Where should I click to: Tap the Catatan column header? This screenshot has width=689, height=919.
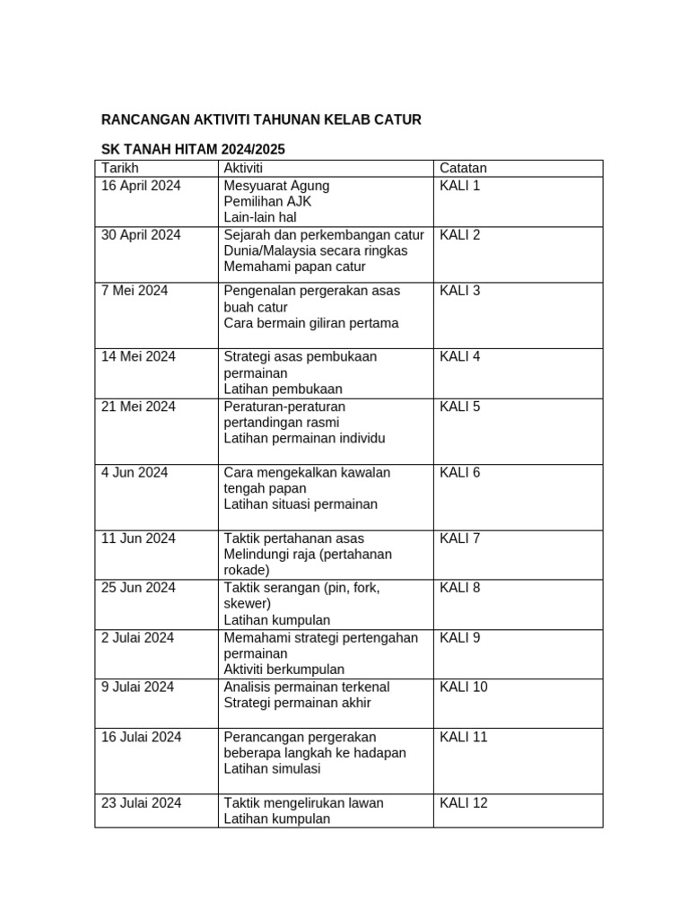(x=463, y=169)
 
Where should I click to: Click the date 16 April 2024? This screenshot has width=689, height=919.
(x=141, y=186)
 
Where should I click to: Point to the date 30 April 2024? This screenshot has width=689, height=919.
(x=141, y=235)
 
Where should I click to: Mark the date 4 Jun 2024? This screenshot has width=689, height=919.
(x=135, y=473)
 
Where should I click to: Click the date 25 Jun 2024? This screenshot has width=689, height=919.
(x=138, y=589)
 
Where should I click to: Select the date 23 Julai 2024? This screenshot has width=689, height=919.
(x=141, y=803)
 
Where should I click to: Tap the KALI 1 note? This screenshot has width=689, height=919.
(x=460, y=186)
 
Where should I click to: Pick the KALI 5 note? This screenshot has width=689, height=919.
(x=460, y=407)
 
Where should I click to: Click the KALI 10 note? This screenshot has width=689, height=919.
(x=464, y=687)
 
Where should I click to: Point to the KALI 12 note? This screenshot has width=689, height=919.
(x=464, y=803)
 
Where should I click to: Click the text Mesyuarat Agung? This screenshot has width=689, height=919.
(x=276, y=186)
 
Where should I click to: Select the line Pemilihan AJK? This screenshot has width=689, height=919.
(x=267, y=202)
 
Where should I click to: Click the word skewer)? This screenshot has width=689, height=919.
(x=247, y=604)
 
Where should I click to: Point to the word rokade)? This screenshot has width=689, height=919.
(x=247, y=570)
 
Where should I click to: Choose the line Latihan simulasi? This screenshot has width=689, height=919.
(x=272, y=769)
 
